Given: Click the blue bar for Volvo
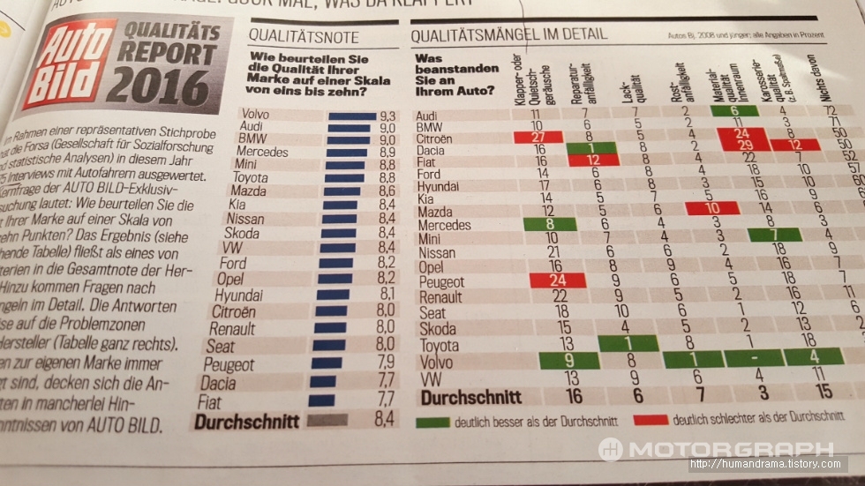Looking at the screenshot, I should pyautogui.click(x=351, y=116).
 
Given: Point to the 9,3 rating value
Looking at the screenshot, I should pyautogui.click(x=387, y=116).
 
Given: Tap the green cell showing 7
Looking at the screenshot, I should pyautogui.click(x=774, y=235).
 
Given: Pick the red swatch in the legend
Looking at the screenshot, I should pyautogui.click(x=651, y=418).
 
